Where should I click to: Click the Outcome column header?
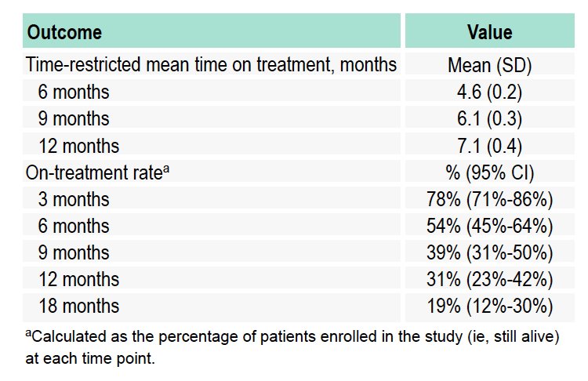pos(64,32)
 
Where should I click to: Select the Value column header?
pos(490,32)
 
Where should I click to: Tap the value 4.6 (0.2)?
pos(489,92)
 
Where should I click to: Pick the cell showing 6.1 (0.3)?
pos(489,119)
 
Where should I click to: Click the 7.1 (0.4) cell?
pos(489,146)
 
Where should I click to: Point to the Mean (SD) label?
pos(490,65)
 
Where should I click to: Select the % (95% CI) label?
pos(490,173)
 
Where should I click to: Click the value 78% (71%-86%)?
pos(490,199)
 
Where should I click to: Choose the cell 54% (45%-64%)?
pos(490,226)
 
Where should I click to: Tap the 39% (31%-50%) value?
pos(490,252)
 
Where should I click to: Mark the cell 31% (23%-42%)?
pos(490,280)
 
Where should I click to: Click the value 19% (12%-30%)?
pos(490,307)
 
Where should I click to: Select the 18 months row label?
pos(78,306)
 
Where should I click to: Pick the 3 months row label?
pos(74,199)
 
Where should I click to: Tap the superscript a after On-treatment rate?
pos(166,169)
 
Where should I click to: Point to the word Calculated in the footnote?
pos(69,337)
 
